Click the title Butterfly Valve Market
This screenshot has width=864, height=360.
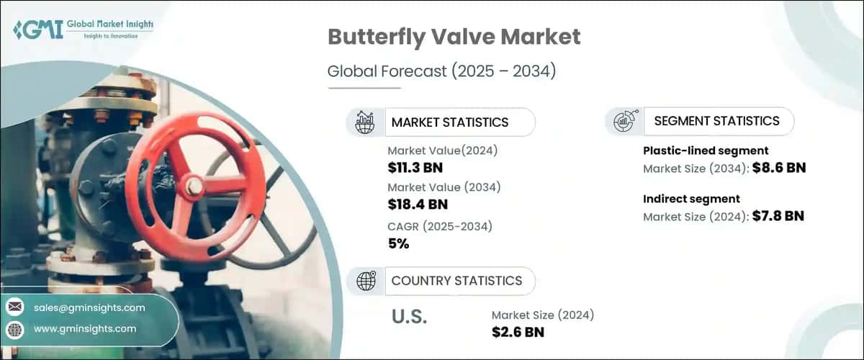pos(454,37)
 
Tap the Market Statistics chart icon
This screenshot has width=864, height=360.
pos(364,122)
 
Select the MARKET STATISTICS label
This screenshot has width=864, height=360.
pos(450,122)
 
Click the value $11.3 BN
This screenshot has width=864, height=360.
pos(415,168)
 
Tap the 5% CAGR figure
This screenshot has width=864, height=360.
pos(398,243)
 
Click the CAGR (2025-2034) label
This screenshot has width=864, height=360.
pos(439,226)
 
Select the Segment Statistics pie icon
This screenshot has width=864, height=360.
pos(624,122)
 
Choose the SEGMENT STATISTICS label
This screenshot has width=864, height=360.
pos(716,121)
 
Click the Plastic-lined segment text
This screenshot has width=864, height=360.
pos(706,150)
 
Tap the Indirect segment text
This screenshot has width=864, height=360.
pos(691,199)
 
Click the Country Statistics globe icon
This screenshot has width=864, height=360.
pos(366,281)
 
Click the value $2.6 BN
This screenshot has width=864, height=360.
pos(518,332)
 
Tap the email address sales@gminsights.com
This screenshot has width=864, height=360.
pos(89,307)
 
